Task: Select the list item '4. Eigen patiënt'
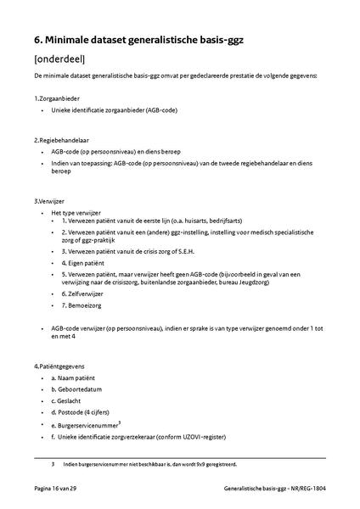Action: pos(87,263)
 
